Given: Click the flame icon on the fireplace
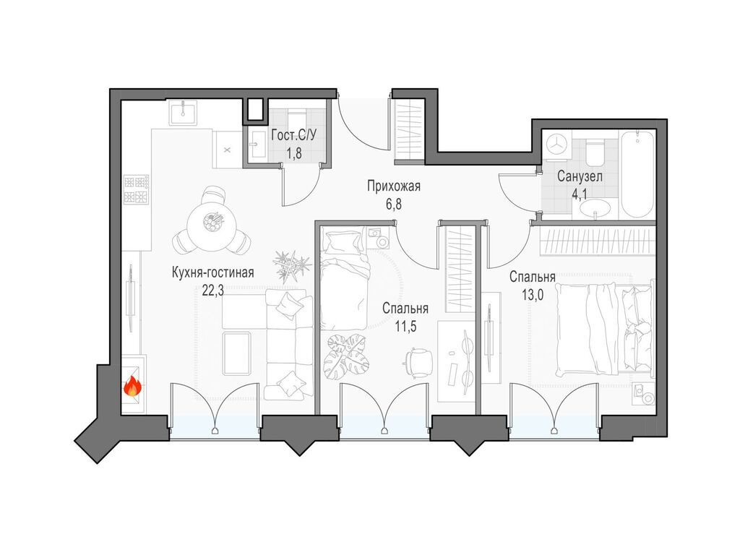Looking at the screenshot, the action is [133, 387].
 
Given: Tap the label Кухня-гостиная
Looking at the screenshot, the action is [213, 272].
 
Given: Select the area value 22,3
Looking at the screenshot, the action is [213, 291].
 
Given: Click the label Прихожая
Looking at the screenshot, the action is [394, 186].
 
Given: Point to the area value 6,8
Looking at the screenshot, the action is [394, 205].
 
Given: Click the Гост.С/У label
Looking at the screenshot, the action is [294, 135].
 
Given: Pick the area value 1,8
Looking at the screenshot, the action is [294, 153].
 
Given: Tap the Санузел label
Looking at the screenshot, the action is [580, 177].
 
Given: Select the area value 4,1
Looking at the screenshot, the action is [580, 194].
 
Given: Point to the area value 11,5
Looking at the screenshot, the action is [405, 327].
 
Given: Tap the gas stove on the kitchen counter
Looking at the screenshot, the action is [137, 189].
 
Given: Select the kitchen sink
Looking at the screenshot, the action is [182, 113].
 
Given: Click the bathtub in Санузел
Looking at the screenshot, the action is [637, 174].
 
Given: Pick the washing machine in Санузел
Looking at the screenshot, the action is [557, 144].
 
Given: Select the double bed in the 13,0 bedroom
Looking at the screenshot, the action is [605, 329].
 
